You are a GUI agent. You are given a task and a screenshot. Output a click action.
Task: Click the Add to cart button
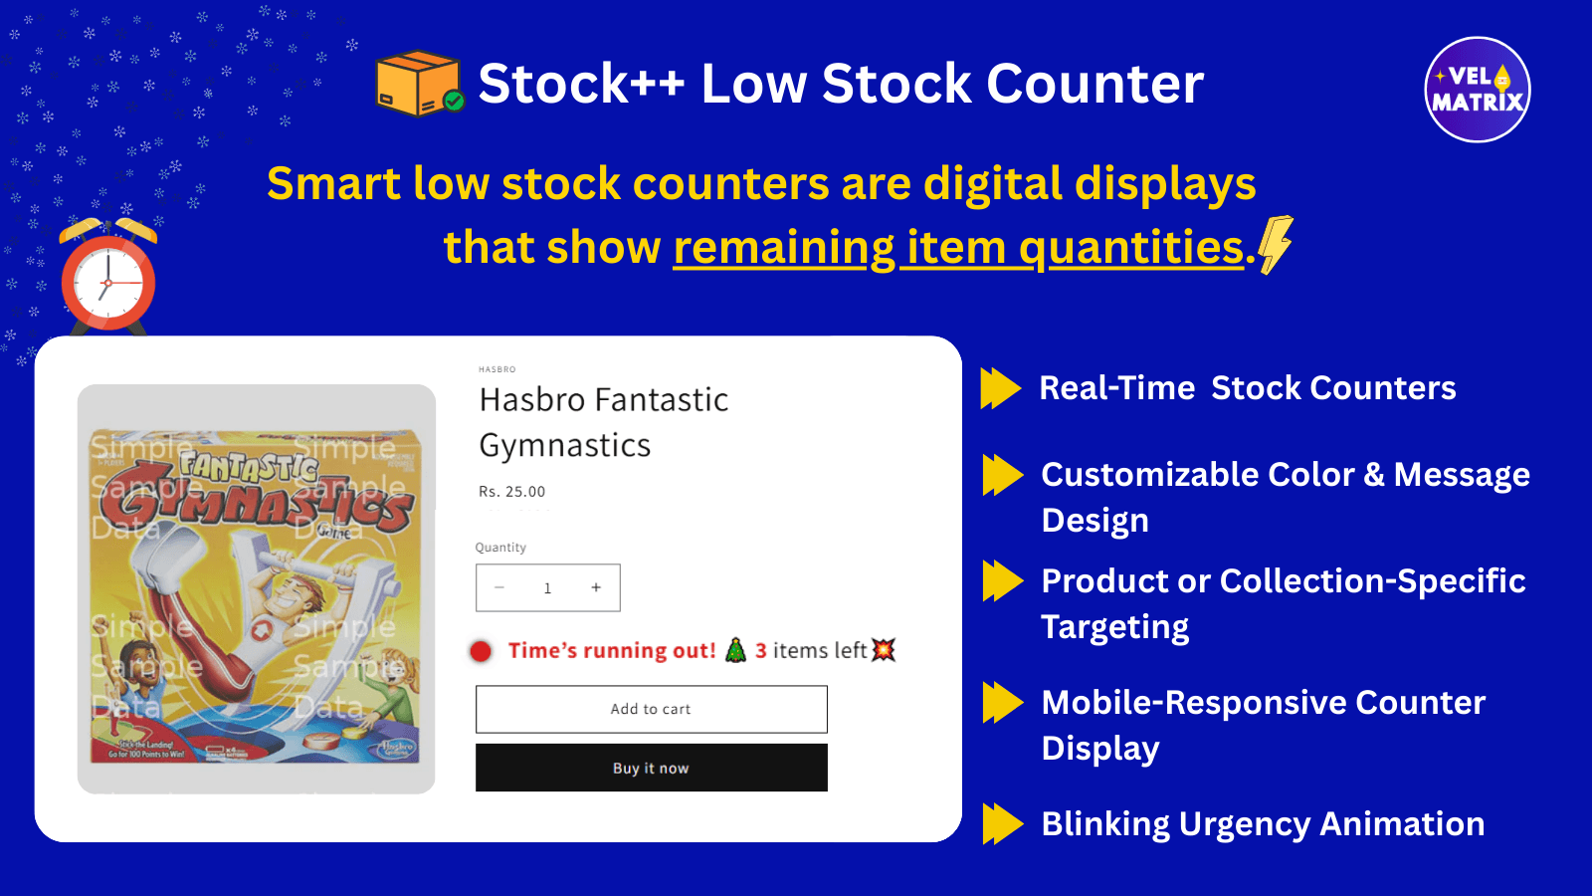[651, 709]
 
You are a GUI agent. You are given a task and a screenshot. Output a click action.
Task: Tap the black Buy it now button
[651, 768]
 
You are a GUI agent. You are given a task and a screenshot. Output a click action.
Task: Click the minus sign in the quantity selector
[499, 587]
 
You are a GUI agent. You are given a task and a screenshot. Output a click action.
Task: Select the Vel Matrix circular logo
[1478, 90]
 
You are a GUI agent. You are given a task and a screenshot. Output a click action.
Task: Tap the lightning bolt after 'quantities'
[1276, 244]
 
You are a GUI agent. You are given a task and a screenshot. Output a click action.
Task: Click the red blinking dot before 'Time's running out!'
[481, 651]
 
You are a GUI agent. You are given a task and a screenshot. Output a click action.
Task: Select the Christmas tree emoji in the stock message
[735, 650]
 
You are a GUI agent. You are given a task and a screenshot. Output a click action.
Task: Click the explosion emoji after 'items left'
[883, 650]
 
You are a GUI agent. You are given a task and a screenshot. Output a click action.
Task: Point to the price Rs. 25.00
[511, 492]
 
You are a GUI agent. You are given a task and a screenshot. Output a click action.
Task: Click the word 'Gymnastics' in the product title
[564, 445]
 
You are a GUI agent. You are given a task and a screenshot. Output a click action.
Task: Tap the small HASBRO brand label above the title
[497, 369]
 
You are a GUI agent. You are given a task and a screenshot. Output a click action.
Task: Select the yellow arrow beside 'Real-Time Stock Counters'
[1000, 388]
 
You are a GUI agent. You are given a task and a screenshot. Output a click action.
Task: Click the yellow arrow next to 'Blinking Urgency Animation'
[1002, 824]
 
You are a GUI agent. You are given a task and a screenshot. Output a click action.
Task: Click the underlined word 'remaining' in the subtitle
[784, 248]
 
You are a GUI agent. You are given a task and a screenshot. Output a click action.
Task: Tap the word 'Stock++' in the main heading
[581, 84]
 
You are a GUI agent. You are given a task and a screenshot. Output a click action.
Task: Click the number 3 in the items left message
[761, 651]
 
